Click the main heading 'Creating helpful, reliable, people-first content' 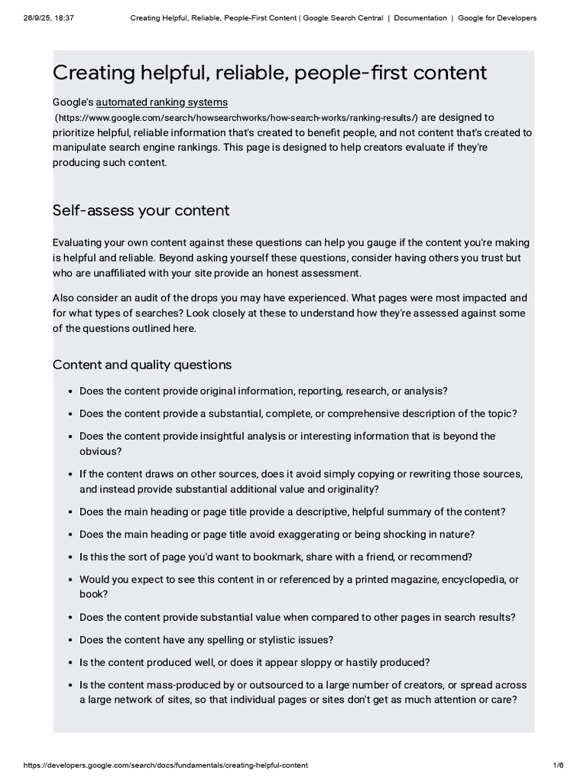[269, 73]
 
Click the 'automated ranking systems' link [161, 102]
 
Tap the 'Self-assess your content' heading [141, 210]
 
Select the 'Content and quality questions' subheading [141, 365]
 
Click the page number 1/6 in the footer [558, 765]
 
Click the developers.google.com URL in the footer [166, 765]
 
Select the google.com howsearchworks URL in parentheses [235, 118]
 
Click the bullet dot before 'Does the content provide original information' [70, 391]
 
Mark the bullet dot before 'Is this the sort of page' [70, 557]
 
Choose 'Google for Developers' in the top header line [497, 18]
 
